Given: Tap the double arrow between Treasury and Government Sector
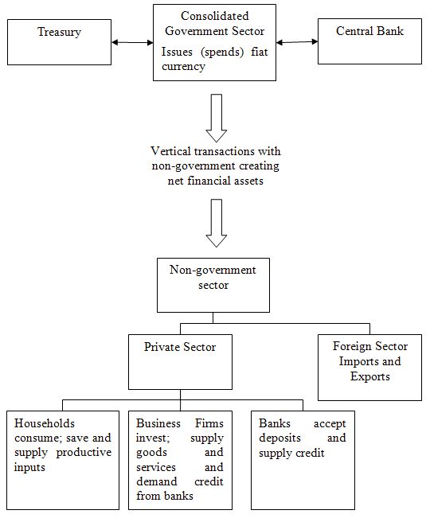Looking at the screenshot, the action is (x=132, y=42).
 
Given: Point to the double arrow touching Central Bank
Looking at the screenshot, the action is (x=297, y=42).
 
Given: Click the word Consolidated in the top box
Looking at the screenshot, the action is (x=214, y=16).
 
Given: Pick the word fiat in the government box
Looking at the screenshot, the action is (x=259, y=52).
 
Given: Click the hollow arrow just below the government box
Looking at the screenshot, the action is (x=216, y=118).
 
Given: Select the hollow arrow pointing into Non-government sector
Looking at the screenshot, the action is (x=216, y=223).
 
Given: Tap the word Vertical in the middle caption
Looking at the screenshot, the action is (x=170, y=151).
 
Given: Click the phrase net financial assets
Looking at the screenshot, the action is (x=216, y=181).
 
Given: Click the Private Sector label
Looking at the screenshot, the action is (x=180, y=347).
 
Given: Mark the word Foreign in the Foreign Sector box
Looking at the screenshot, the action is (x=352, y=346).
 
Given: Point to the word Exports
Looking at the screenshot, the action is (x=369, y=376).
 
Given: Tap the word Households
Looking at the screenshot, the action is (x=45, y=423).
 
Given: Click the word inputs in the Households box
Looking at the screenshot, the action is (x=29, y=467).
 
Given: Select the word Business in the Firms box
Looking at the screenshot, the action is (x=158, y=423).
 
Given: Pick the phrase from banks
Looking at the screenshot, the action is (x=165, y=496).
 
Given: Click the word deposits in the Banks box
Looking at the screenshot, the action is (x=279, y=438).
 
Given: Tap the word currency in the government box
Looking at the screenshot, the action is (x=183, y=66).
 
